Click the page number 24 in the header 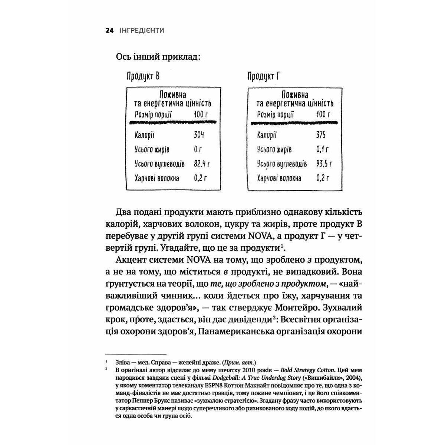(109, 30)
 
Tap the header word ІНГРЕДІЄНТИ (142, 30)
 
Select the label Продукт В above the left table (143, 77)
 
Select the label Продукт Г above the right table (263, 77)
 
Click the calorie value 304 (199, 135)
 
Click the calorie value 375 (321, 135)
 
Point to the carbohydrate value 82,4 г (202, 164)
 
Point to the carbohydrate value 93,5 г (324, 164)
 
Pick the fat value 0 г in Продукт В (198, 149)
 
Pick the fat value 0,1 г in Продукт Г (322, 149)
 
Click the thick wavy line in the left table (174, 122)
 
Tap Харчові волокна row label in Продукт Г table (279, 178)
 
